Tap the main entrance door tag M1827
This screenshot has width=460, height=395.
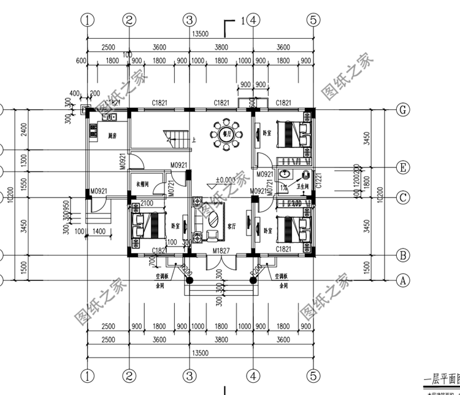pyautogui.click(x=220, y=251)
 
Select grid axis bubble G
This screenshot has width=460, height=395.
pyautogui.click(x=402, y=110)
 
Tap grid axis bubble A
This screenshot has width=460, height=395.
pyautogui.click(x=402, y=281)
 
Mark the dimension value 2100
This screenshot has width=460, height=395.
pyautogui.click(x=147, y=203)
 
